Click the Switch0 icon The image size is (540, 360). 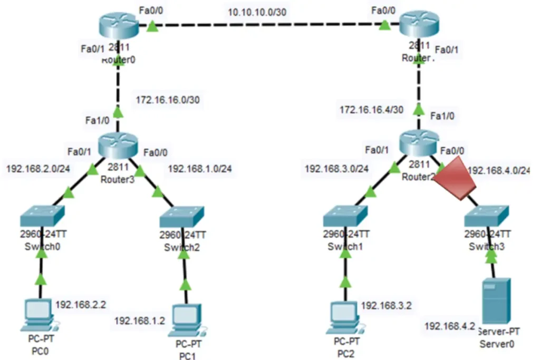tap(41, 215)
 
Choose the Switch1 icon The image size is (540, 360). tap(345, 215)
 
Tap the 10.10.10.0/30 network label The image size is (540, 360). tap(257, 13)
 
